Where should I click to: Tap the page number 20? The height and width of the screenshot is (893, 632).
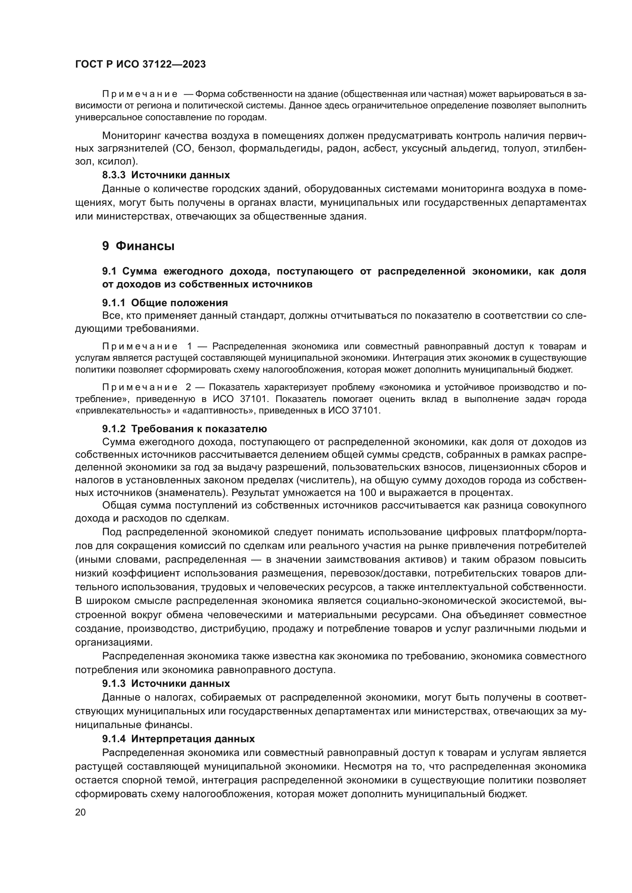click(x=80, y=812)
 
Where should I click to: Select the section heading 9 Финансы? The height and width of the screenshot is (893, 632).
click(x=138, y=246)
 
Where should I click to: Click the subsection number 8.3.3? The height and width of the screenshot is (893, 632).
click(x=113, y=175)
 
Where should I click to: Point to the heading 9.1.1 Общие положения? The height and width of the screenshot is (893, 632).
click(x=165, y=303)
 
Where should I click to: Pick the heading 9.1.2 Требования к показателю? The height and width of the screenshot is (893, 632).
click(x=185, y=429)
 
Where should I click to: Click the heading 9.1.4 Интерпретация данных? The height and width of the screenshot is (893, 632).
click(x=178, y=739)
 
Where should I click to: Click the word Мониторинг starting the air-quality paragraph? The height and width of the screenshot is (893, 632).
click(x=130, y=136)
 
